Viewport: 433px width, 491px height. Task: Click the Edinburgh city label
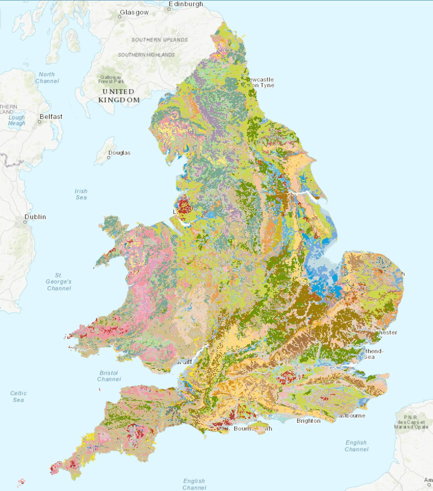pos(186,4)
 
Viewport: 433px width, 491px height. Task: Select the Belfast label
pos(51,117)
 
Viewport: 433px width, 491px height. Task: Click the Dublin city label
pos(35,217)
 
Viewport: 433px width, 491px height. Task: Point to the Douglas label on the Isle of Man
pos(119,153)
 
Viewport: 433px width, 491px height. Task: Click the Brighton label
pos(308,421)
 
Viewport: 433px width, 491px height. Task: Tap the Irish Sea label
pos(81,194)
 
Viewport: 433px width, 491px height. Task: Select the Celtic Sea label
pos(18,396)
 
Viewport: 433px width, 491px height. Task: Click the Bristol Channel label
pos(109,376)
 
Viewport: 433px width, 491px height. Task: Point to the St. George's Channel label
pos(59,282)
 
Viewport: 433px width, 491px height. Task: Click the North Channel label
pos(47,78)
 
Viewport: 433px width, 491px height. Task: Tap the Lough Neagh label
pos(17,120)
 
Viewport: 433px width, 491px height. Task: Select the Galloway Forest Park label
pos(111,79)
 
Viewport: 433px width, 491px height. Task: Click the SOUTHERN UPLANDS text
pos(159,40)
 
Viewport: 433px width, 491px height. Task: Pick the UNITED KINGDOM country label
pos(118,96)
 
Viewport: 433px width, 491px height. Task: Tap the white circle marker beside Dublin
pos(25,222)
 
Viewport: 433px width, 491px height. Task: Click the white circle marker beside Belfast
pos(39,122)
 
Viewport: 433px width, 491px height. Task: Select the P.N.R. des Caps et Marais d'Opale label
pos(411,422)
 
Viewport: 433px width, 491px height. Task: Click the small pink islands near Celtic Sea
pos(21,482)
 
